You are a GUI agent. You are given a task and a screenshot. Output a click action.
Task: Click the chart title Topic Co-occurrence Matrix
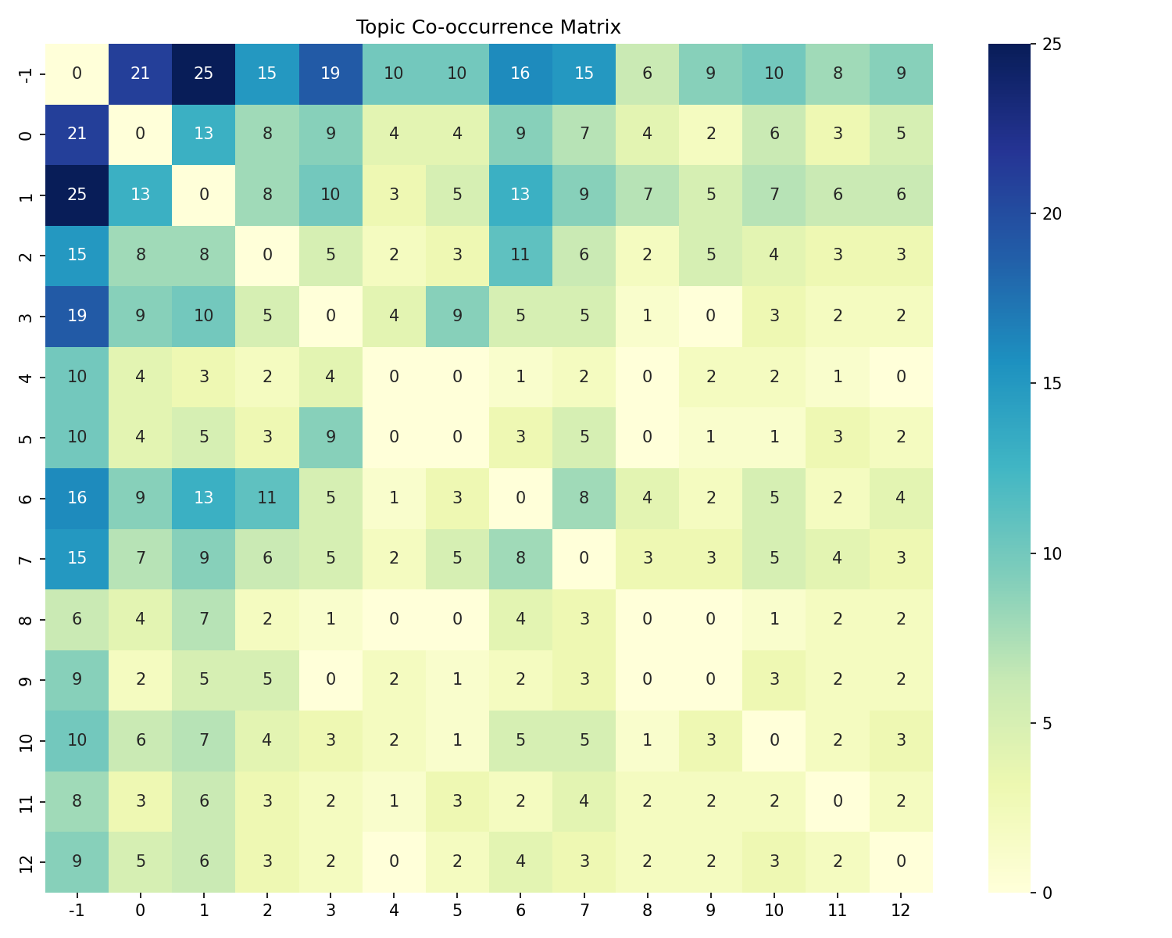(x=488, y=27)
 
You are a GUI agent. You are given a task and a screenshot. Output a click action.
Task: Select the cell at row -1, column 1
(x=204, y=74)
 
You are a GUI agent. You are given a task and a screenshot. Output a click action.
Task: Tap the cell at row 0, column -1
(x=77, y=134)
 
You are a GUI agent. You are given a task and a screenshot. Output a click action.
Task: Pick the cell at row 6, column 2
(x=267, y=498)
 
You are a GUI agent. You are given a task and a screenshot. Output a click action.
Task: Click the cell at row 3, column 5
(x=457, y=316)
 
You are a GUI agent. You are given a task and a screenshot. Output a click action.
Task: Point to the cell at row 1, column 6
(x=520, y=195)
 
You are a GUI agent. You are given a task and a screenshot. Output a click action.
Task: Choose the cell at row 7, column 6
(x=520, y=558)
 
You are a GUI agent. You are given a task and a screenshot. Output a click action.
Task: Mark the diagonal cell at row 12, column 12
(x=901, y=861)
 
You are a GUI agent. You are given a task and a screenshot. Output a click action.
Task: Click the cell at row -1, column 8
(x=647, y=74)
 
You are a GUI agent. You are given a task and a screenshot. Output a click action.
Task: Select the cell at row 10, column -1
(x=77, y=740)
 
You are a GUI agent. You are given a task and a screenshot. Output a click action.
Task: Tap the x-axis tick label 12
(x=901, y=910)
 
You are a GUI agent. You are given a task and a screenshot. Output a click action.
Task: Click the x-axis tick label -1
(x=77, y=910)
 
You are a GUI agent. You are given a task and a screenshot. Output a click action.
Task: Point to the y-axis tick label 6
(x=26, y=498)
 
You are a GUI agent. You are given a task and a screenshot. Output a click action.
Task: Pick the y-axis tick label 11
(x=26, y=800)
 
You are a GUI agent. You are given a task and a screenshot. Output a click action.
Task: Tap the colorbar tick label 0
(x=1046, y=892)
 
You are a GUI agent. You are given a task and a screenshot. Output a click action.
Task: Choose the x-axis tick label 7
(x=584, y=910)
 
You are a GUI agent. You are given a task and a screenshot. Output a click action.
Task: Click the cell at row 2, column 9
(x=710, y=256)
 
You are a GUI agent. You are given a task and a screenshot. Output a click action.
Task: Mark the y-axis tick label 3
(x=26, y=316)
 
